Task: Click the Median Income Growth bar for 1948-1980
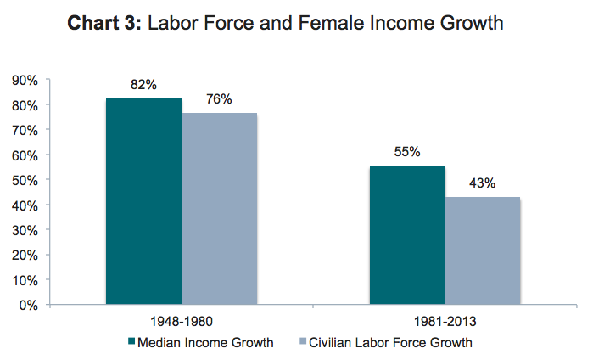tap(143, 200)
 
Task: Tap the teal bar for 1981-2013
tap(407, 234)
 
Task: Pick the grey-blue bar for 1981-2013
tap(483, 250)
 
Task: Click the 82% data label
tap(143, 85)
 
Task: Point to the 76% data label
tap(219, 99)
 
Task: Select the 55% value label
tap(407, 152)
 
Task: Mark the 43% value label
tap(483, 183)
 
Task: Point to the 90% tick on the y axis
tap(25, 80)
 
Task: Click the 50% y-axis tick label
tap(25, 180)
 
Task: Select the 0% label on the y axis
tap(29, 304)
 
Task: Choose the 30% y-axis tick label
tap(25, 229)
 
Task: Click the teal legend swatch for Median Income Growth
tap(131, 342)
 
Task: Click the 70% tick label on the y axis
tap(25, 130)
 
